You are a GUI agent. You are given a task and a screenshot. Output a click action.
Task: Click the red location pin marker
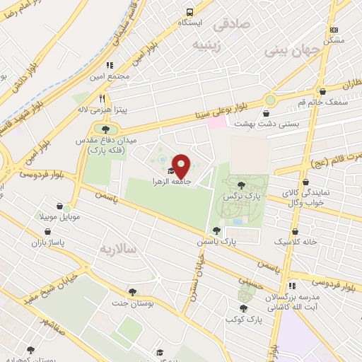[182, 166]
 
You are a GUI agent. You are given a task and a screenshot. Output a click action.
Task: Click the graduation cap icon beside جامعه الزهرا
[170, 171]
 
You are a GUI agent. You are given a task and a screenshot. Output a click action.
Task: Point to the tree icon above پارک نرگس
[232, 183]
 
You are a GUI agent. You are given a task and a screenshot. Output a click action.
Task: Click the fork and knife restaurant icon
[103, 98]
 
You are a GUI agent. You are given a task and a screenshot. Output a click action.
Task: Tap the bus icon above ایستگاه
[189, 12]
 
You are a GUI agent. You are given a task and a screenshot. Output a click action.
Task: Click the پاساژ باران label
[47, 243]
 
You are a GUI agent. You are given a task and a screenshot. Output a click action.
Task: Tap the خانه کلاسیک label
[294, 242]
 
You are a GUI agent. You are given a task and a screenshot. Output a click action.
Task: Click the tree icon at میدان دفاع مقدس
[105, 129]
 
